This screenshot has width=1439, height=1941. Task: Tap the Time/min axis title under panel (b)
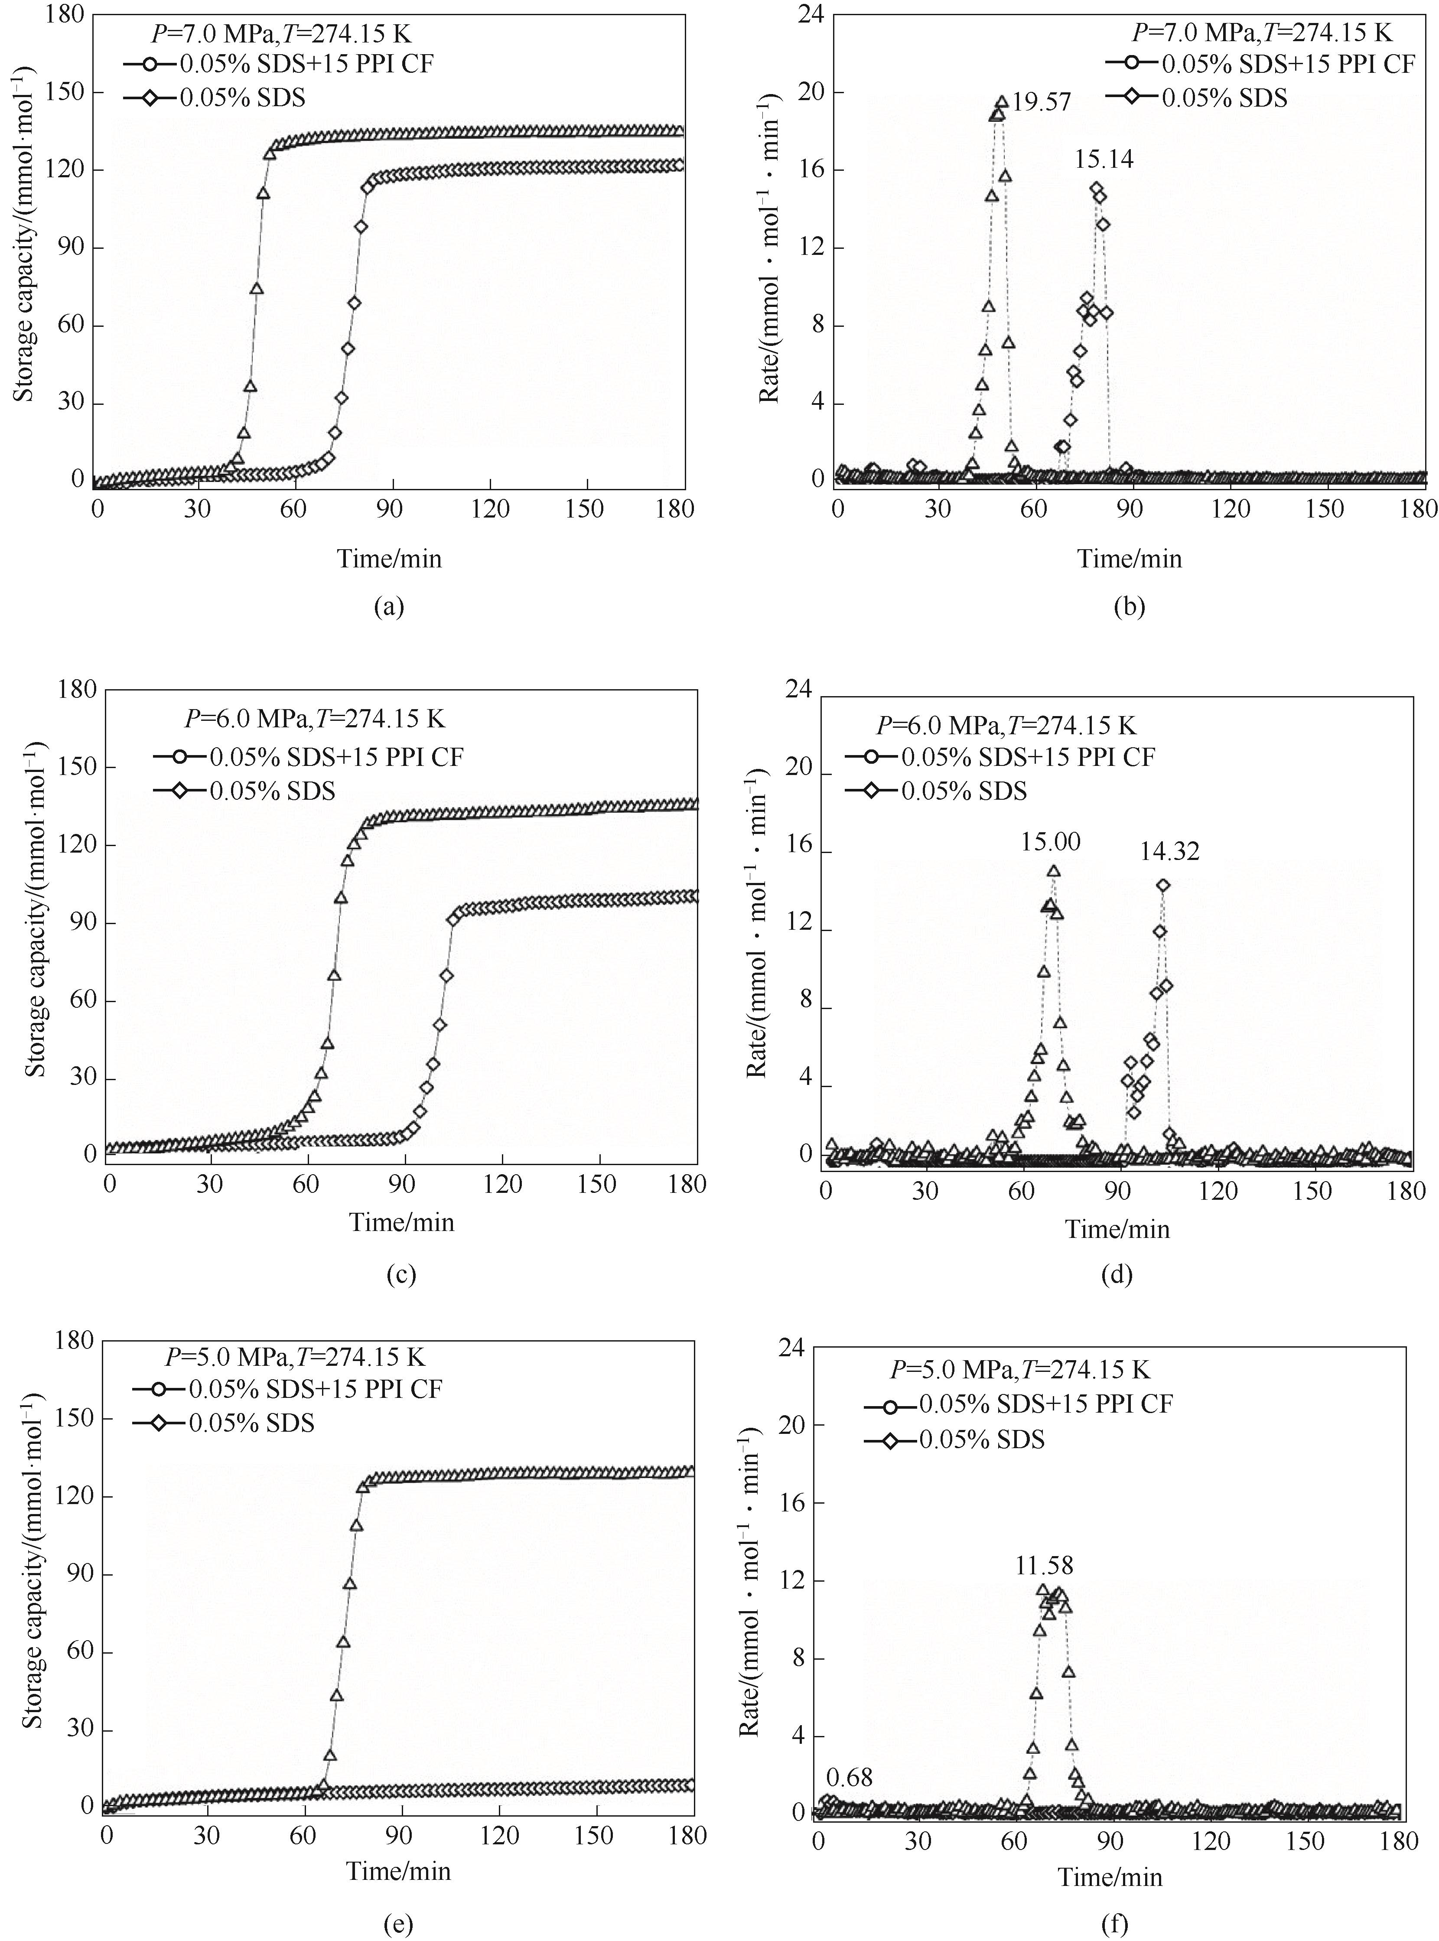[x=1130, y=558]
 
